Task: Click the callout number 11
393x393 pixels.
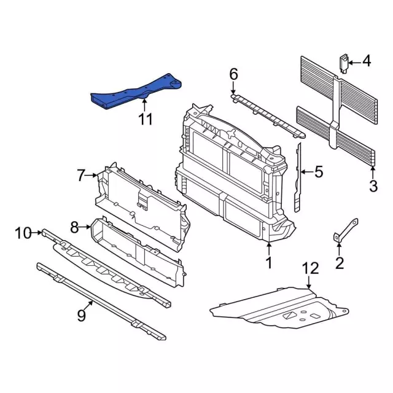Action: coord(144,119)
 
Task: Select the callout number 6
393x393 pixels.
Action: coord(233,74)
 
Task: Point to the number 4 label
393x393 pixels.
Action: coord(367,61)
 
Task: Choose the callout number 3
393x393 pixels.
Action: coord(373,186)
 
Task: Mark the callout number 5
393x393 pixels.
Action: coord(318,173)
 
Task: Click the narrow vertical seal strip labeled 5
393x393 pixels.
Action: coord(299,175)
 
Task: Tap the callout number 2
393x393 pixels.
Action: coord(340,264)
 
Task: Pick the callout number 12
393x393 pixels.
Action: coord(311,268)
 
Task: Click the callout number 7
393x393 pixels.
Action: coord(82,176)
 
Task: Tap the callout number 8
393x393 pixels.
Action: coord(74,228)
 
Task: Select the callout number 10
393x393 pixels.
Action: coord(23,233)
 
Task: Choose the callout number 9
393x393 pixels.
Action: coord(81,316)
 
